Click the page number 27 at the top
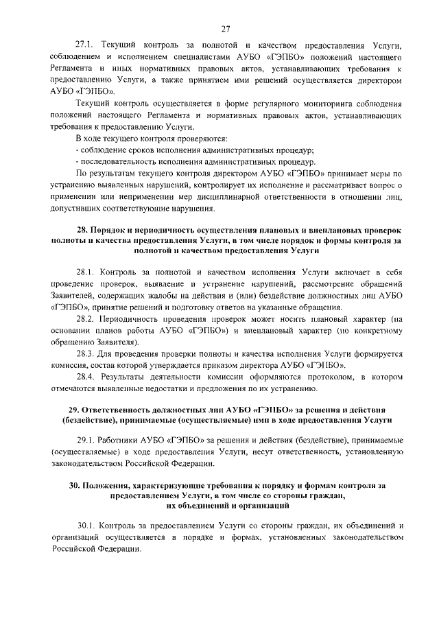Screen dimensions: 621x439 coord(226,27)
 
